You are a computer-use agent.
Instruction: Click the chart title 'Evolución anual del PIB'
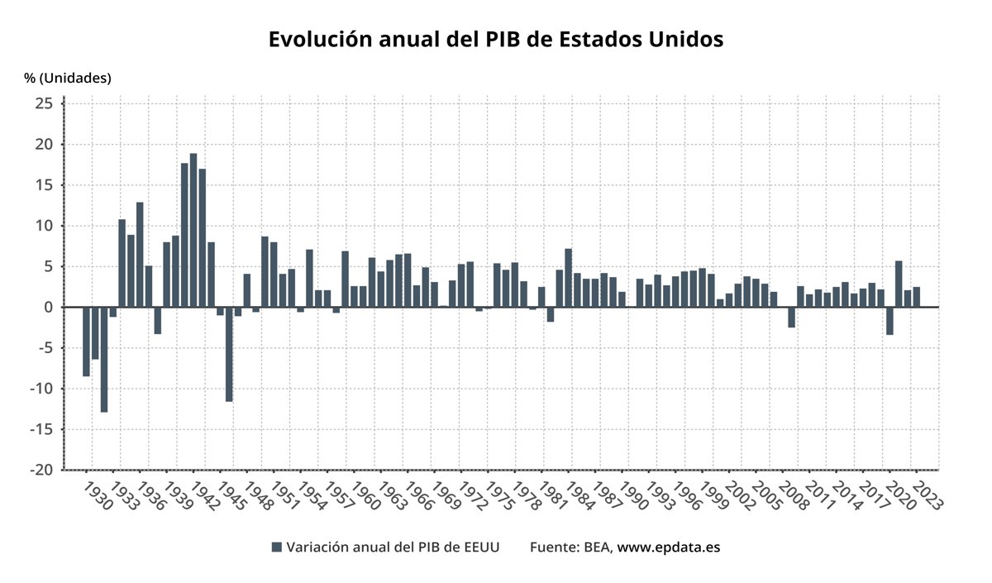pos(496,40)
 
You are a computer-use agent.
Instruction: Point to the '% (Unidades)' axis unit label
pos(67,78)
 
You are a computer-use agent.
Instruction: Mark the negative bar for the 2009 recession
pos(791,318)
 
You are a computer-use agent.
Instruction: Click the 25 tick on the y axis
pos(44,103)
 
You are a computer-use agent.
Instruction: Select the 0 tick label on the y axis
pos(49,307)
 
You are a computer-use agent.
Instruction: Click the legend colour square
pos(277,547)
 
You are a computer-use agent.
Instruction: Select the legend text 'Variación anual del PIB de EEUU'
pos(393,547)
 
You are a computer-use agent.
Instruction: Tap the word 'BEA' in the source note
pos(596,547)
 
